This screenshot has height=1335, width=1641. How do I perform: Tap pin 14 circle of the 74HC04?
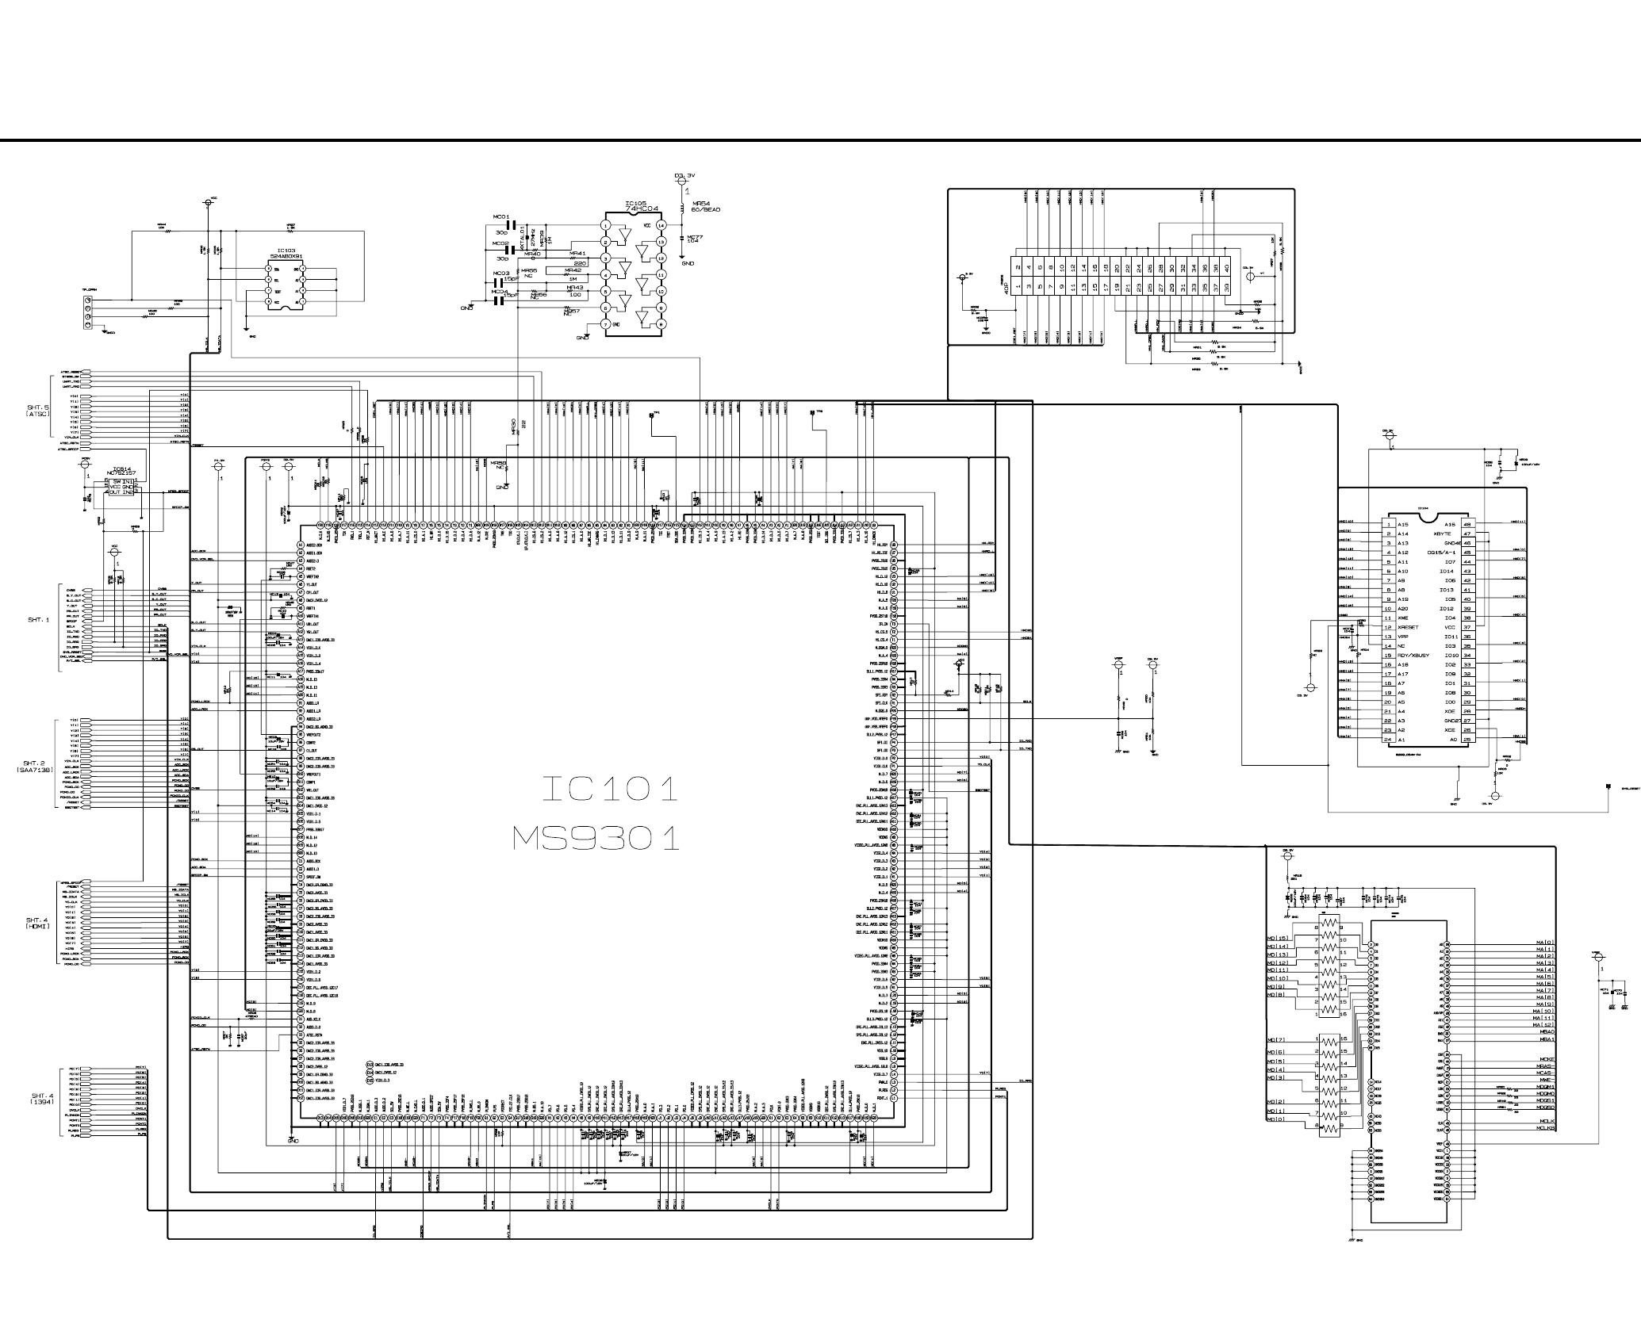pos(661,225)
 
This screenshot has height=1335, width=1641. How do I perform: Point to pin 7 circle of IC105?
pos(606,324)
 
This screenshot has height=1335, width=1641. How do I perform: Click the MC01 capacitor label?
pos(501,216)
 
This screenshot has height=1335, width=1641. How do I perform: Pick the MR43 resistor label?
pos(574,287)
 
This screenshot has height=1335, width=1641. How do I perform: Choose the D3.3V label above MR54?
pos(683,175)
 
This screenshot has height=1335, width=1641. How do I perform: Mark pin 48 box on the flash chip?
pos(1467,525)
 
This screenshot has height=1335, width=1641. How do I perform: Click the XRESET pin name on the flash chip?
pos(1409,627)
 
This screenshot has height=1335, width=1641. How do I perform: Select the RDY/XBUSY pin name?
pos(1413,656)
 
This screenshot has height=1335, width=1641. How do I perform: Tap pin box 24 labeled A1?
pos(1388,740)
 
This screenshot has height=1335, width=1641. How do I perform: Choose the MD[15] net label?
pos(1278,939)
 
